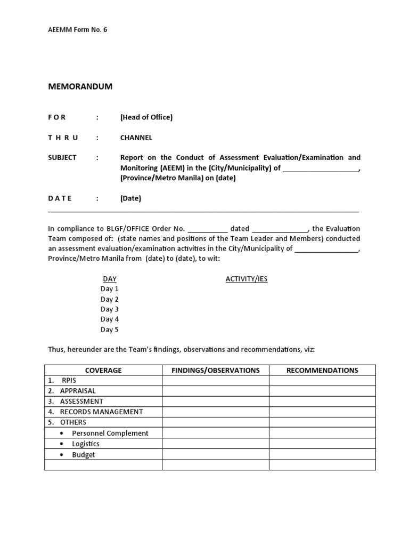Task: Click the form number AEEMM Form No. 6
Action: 78,30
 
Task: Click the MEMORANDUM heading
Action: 80,86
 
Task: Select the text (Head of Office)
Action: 146,117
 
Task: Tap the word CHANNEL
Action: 136,138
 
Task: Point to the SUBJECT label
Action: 62,157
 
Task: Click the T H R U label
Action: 63,138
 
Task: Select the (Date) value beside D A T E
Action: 130,198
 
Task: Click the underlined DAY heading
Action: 110,279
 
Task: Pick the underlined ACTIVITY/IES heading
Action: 247,279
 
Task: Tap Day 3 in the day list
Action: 110,309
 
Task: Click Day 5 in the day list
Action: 110,330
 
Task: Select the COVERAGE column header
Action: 103,370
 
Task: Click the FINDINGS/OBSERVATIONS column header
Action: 216,370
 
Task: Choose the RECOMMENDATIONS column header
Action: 322,370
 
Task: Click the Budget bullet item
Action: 84,454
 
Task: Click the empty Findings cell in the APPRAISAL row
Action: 216,391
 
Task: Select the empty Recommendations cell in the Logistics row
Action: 322,444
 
